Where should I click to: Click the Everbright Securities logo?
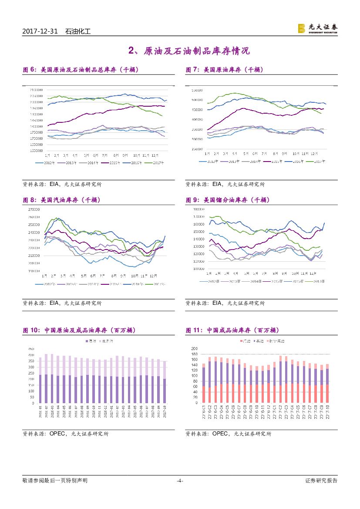[317, 28]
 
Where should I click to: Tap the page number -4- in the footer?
[180, 481]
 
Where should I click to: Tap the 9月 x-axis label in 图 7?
[285, 154]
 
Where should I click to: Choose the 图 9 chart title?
[228, 200]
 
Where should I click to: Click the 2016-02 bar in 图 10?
[47, 378]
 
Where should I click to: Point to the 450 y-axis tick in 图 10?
[31, 349]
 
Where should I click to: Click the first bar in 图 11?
[203, 383]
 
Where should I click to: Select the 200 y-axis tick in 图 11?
[194, 349]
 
